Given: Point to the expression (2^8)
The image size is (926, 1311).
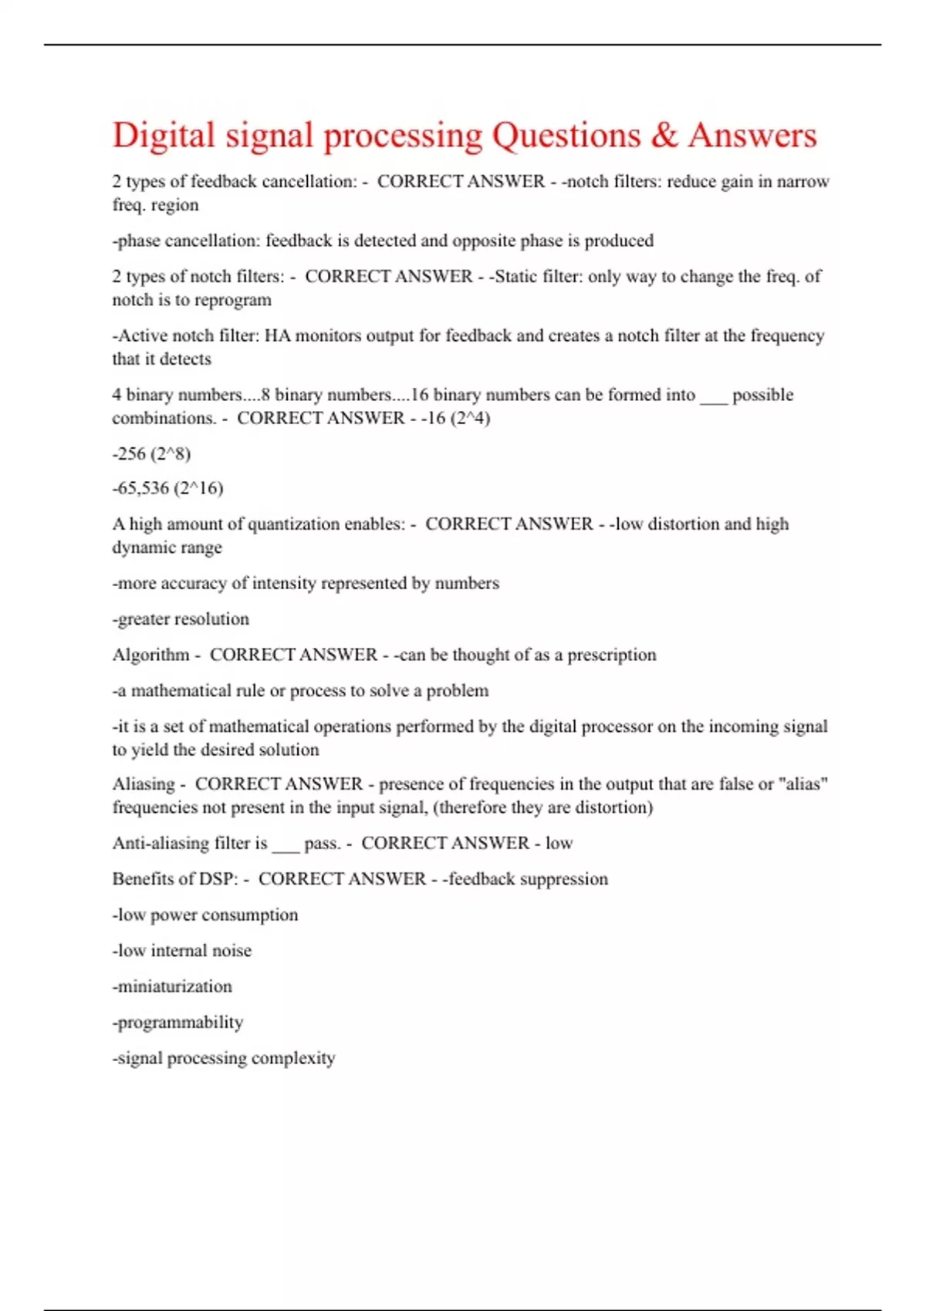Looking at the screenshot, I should (171, 453).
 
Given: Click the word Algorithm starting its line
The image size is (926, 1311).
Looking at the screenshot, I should (151, 655).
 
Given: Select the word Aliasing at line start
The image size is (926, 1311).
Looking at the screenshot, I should (144, 784).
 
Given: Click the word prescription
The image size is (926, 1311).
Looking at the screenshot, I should (612, 655).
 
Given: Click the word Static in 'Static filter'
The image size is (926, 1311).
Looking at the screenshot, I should (516, 277).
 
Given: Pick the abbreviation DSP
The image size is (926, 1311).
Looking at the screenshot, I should (218, 879).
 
